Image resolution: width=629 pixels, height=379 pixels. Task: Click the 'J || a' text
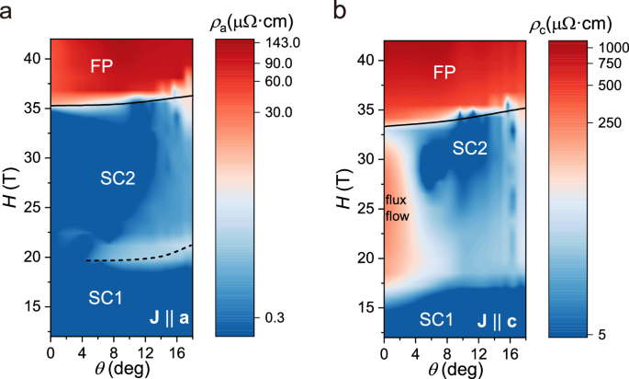(x=171, y=319)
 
